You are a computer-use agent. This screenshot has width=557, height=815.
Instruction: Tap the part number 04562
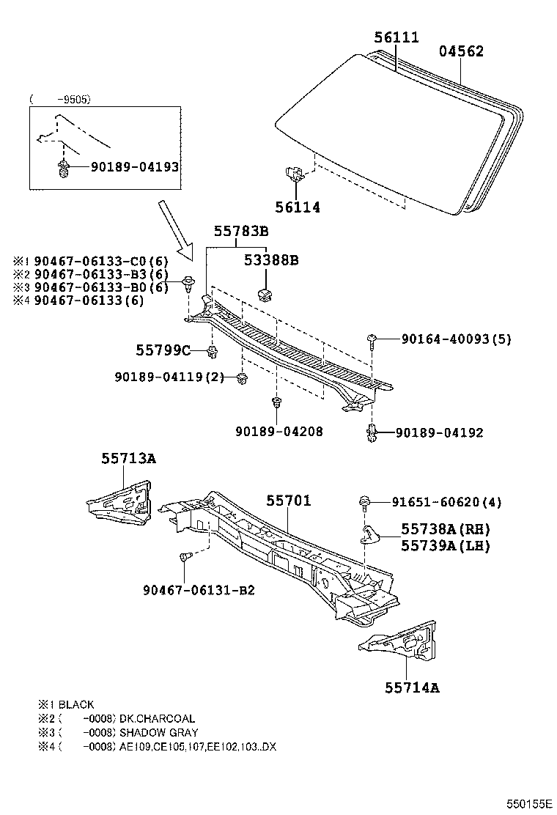[x=461, y=51]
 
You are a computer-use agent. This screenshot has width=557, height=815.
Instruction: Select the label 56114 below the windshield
[x=298, y=207]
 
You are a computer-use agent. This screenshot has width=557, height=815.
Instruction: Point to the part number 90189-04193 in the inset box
[x=135, y=167]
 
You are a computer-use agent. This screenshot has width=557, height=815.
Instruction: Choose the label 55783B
[x=241, y=232]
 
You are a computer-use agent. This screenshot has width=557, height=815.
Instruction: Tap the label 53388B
[x=271, y=260]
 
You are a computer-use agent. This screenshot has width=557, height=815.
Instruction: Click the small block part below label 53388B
[x=265, y=294]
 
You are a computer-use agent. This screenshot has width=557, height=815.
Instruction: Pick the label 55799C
[x=163, y=350]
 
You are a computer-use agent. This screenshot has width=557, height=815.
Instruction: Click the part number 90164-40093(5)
[x=456, y=339]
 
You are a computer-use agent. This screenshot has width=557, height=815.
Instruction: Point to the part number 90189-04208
[x=278, y=432]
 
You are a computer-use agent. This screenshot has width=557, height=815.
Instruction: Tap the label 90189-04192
[x=439, y=432]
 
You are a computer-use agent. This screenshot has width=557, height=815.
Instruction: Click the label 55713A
[x=128, y=459]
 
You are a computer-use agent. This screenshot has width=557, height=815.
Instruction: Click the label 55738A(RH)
[x=445, y=529]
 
